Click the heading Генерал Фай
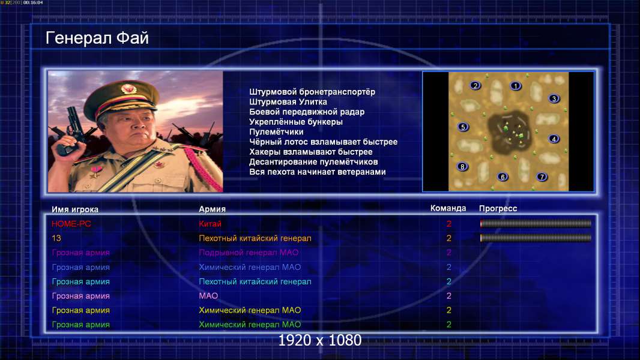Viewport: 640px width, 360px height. click(x=97, y=38)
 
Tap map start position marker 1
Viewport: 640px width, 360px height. click(x=516, y=86)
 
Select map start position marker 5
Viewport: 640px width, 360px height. click(x=463, y=127)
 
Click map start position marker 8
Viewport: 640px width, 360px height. click(x=462, y=166)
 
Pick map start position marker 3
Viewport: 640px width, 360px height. click(x=554, y=98)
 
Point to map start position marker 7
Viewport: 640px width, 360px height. click(x=542, y=176)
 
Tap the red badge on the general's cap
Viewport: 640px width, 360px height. click(x=128, y=88)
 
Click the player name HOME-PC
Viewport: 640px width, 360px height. click(x=71, y=224)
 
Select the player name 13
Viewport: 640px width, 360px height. click(x=56, y=238)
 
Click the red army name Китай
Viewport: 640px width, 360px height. click(x=210, y=224)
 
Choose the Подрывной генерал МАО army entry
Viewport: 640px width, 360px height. click(x=249, y=253)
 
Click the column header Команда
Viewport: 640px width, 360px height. click(x=448, y=208)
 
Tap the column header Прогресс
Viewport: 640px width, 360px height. click(x=498, y=208)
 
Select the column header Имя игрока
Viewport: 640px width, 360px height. click(x=74, y=209)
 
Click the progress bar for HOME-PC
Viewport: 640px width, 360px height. click(x=536, y=223)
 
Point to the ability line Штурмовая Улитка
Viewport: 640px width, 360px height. click(x=288, y=102)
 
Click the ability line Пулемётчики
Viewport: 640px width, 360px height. click(x=276, y=131)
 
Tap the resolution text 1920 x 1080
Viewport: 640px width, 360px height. click(x=320, y=340)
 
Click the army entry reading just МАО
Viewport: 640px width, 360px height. click(x=208, y=296)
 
